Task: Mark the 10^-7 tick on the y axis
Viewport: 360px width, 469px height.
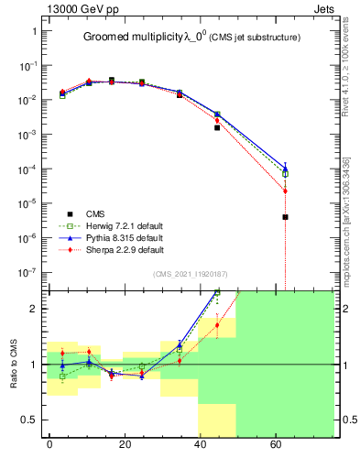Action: coord(27,272)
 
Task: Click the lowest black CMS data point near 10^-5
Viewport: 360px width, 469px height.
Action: coord(286,217)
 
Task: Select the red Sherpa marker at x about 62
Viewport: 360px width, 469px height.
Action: coord(286,191)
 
